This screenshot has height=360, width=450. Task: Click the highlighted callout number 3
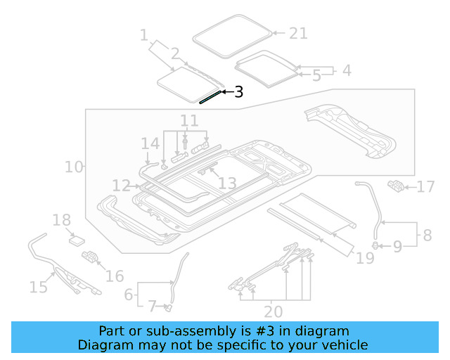pos(238,92)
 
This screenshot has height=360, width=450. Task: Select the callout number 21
pos(298,33)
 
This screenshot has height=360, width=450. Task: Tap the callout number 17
pos(426,187)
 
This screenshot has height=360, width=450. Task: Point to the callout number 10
pos(73,167)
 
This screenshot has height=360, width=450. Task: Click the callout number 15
pos(38,286)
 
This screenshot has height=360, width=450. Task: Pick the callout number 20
pos(274,311)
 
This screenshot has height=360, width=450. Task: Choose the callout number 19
pos(365,259)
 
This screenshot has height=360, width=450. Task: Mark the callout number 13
pos(226,184)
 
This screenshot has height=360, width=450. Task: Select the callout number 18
pos(61,220)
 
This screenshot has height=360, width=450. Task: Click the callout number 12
pos(122,186)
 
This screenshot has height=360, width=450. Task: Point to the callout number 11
pos(188,120)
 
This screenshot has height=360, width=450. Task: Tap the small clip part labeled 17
pos(396,186)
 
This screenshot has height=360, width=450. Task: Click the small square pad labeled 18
pos(76,240)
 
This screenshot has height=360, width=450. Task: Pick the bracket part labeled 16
pos(90,257)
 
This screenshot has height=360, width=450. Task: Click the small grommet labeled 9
pos(375,245)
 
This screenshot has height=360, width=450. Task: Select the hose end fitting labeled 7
pos(169,307)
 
